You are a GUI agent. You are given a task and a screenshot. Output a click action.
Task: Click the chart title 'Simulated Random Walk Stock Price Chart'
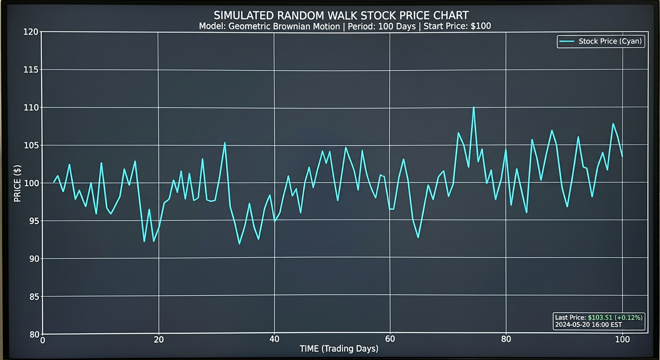[x=341, y=15]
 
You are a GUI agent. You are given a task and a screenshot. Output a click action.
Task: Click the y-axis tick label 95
[x=32, y=221]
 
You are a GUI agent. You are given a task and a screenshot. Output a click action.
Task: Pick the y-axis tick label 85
[x=32, y=297]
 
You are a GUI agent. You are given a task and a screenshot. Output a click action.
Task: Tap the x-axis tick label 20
[x=158, y=340]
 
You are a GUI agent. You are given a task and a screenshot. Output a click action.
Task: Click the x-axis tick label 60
[x=390, y=340]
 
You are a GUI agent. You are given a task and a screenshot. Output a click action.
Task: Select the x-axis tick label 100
[x=622, y=340]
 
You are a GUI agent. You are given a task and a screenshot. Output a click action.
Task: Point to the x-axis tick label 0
[x=43, y=340]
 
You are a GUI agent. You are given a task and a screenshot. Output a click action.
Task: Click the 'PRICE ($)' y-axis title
[x=17, y=183]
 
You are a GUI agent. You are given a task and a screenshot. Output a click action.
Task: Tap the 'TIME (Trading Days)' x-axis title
[x=339, y=349]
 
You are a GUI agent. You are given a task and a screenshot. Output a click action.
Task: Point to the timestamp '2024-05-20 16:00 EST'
[x=588, y=324]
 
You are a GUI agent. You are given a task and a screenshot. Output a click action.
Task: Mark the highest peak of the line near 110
[x=473, y=107]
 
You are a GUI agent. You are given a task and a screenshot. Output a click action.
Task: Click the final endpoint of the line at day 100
[x=622, y=156]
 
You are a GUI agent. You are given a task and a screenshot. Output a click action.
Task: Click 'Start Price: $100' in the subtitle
[x=457, y=26]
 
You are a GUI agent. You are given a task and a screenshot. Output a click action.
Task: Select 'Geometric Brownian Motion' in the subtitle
[x=284, y=26]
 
